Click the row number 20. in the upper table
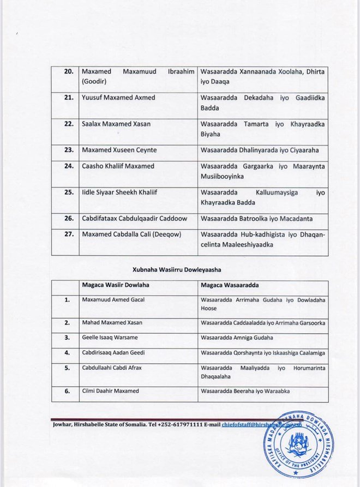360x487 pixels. [67, 71]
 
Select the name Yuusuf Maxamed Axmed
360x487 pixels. [118, 98]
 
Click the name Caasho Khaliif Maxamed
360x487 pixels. [117, 166]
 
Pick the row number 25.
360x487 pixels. [67, 193]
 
